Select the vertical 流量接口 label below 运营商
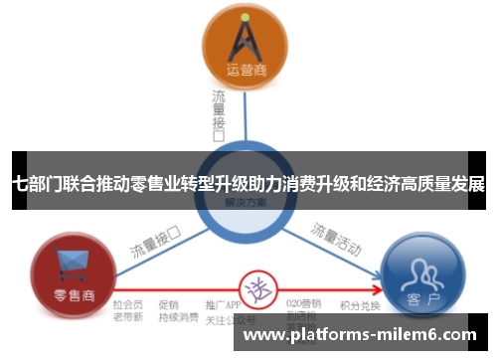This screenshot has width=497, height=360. click(x=219, y=114)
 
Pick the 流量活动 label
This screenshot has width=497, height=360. click(x=336, y=238)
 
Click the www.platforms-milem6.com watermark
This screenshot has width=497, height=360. click(x=359, y=336)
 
